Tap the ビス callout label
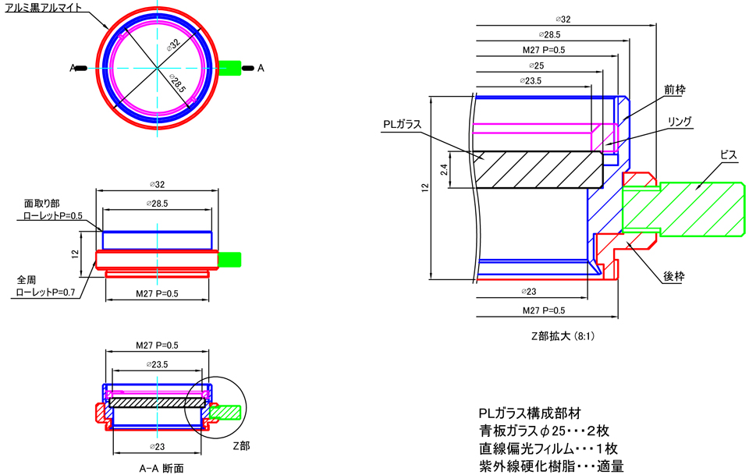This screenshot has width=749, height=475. pos(727,156)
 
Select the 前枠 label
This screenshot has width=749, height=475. pos(674,90)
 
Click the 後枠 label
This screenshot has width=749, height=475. pos(674,276)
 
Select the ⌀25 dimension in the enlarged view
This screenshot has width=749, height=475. pos(535,66)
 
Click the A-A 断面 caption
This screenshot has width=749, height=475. pos(161,468)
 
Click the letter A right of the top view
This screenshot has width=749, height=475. pos(261,69)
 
